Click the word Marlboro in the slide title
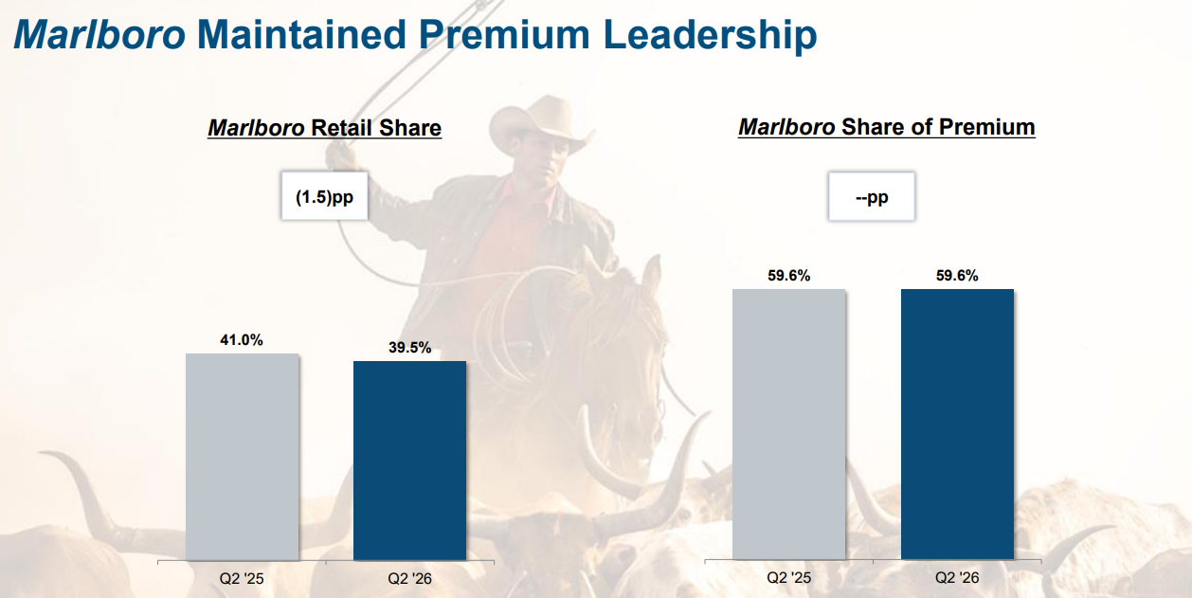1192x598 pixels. coord(99,35)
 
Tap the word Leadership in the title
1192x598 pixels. coord(710,35)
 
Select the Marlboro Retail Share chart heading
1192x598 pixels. coord(325,128)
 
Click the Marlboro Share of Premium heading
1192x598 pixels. coord(887,127)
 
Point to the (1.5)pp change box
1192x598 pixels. coord(325,196)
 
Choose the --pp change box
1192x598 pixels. coord(872,196)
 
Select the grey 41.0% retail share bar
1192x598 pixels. coord(243,457)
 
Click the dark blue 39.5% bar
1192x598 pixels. coord(409,461)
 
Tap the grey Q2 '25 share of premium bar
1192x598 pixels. coord(788,424)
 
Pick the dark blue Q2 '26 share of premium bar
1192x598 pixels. coord(957,424)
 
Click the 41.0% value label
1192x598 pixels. coord(242,340)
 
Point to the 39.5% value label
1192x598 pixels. coord(409,348)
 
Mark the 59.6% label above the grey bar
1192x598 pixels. coord(788,276)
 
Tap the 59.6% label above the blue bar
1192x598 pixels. coord(957,276)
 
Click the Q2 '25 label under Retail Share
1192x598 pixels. coord(242,578)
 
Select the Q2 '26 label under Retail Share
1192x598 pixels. coord(409,578)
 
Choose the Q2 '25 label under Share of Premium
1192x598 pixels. coord(788,577)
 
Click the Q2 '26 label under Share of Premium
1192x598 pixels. coord(957,577)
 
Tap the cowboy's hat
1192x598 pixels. coord(537,123)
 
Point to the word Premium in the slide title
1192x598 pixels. coord(504,35)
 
